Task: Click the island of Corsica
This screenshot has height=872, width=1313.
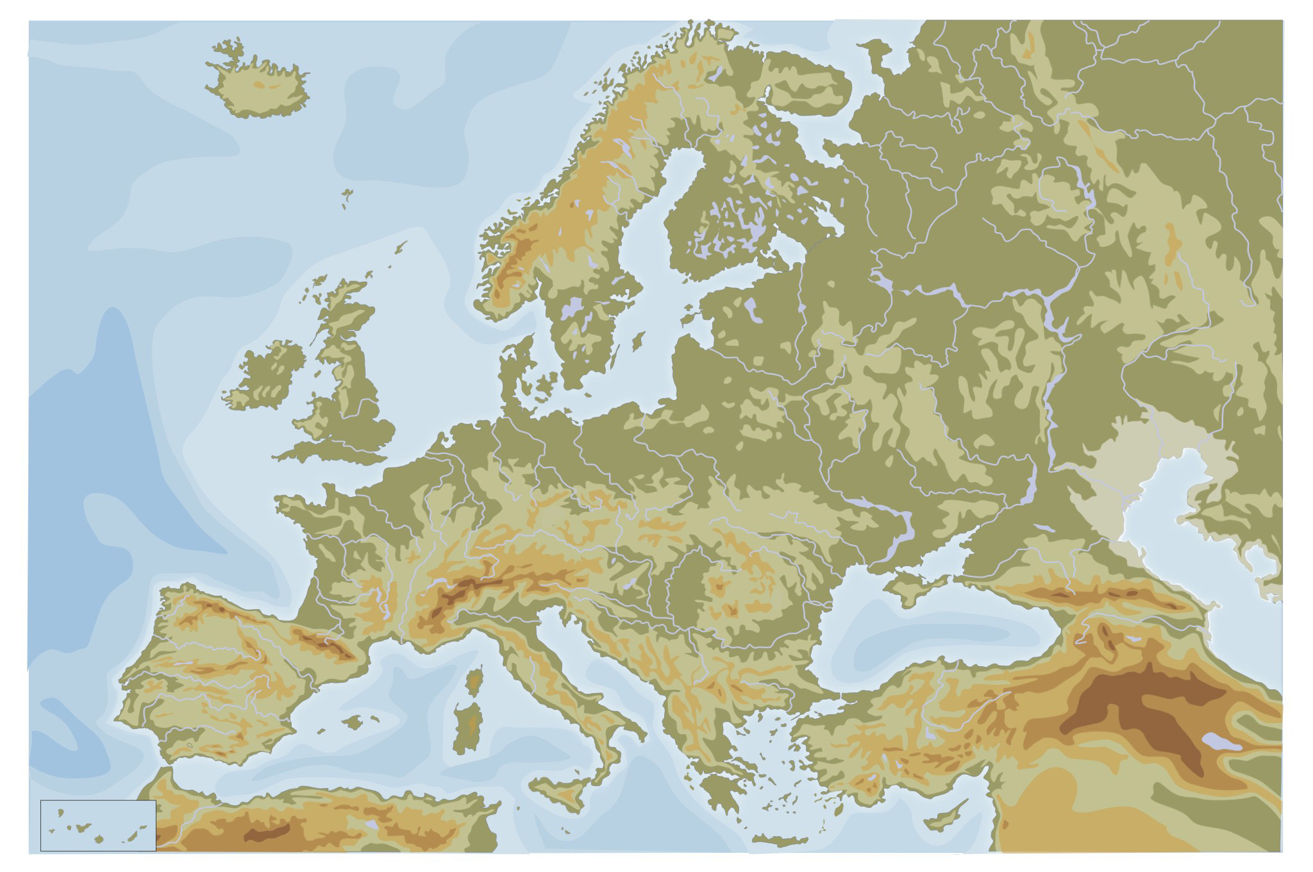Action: pyautogui.click(x=475, y=680)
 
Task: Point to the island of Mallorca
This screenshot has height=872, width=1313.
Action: pyautogui.click(x=353, y=722)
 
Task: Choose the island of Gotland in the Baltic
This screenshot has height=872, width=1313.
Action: pyautogui.click(x=638, y=340)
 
